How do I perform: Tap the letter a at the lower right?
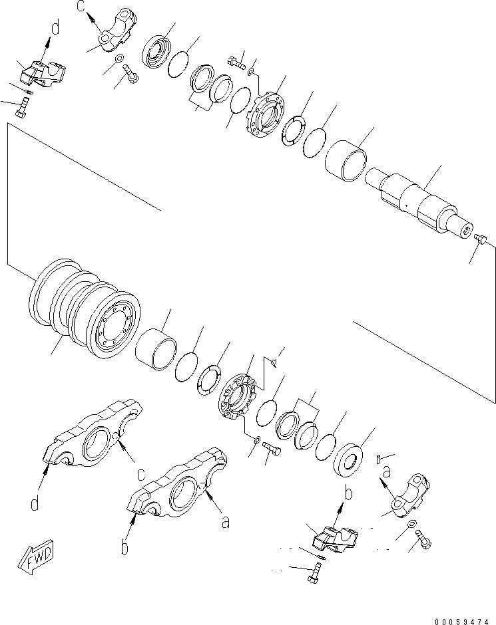384,471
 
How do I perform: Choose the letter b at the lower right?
346,493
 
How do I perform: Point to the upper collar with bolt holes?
270,114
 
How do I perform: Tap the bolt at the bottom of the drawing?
312,572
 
